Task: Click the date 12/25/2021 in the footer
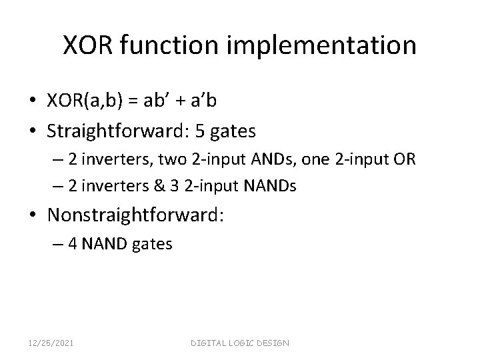[51, 343]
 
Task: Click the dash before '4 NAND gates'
[72, 245]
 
